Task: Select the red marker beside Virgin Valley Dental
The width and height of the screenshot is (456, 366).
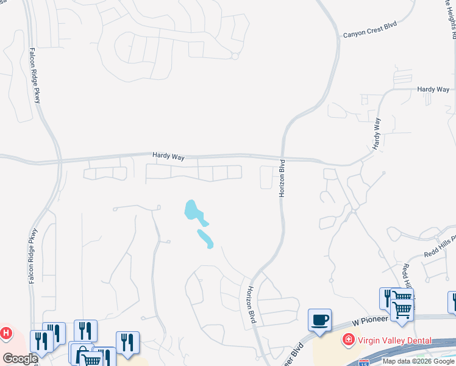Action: click(348, 339)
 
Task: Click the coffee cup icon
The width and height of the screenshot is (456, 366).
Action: click(320, 320)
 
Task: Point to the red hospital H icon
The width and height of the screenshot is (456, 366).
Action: click(6, 334)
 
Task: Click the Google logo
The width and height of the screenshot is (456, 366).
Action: click(20, 359)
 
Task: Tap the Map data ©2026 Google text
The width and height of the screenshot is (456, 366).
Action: click(419, 361)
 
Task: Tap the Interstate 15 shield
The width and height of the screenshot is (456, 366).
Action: click(364, 362)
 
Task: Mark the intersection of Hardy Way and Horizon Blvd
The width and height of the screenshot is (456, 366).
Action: click(282, 157)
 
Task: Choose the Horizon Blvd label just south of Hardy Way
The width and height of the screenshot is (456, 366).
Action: click(282, 178)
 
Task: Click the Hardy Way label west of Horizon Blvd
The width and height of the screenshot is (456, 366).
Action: click(169, 157)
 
